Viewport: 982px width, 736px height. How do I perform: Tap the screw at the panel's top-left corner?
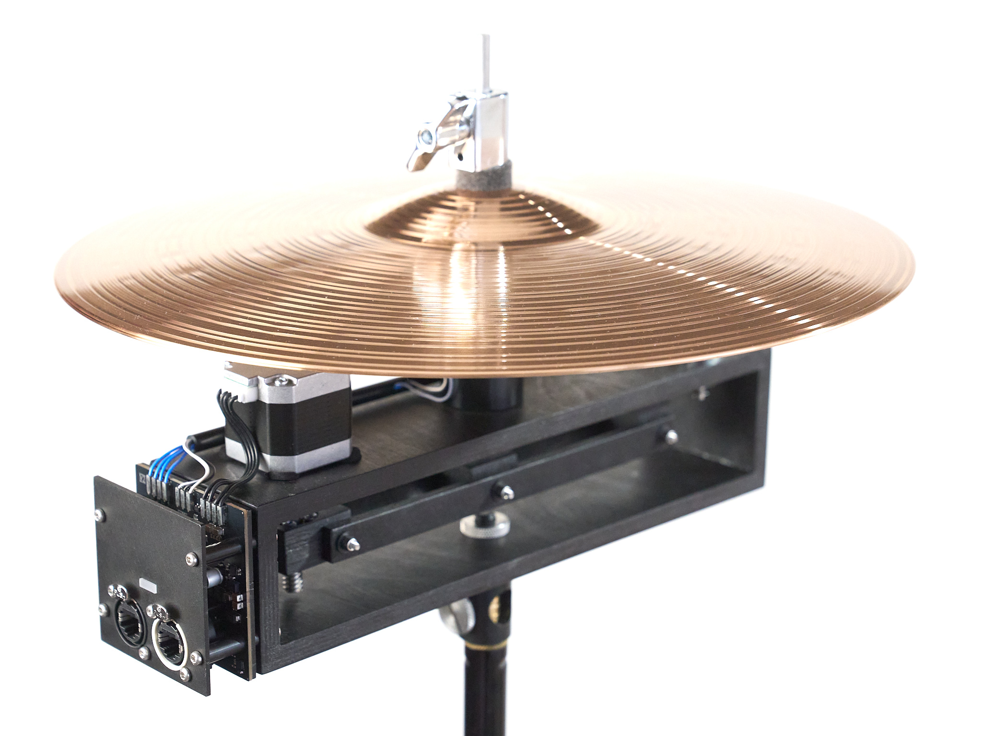(x=99, y=515)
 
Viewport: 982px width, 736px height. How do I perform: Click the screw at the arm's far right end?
(x=671, y=435)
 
